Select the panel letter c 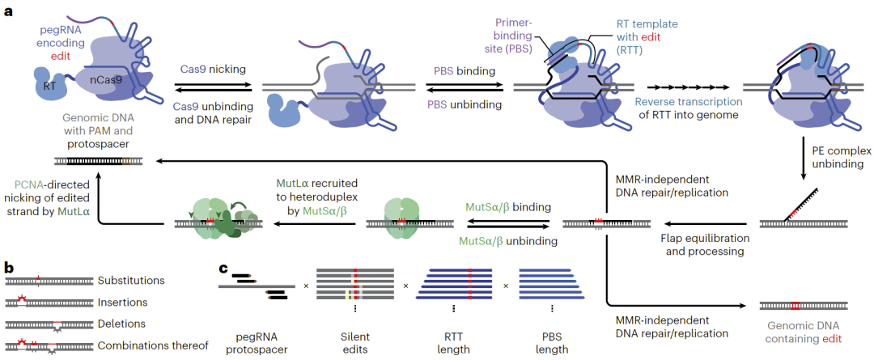[223, 269]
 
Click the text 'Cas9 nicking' [210, 69]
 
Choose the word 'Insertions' [121, 302]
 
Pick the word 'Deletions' [121, 324]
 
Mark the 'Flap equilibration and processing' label [705, 245]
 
